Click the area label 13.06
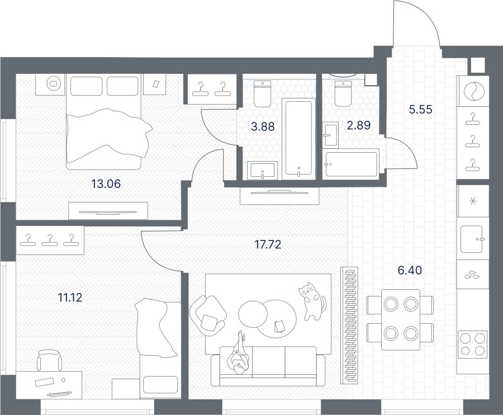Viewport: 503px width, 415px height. tap(106, 184)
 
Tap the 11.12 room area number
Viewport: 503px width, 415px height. tap(70, 298)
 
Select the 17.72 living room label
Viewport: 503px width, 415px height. tap(268, 244)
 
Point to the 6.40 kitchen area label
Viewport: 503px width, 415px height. tap(410, 271)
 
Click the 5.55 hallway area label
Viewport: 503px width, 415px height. tap(420, 110)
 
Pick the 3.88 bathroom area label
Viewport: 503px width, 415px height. tap(263, 127)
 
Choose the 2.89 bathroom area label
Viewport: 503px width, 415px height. tap(359, 125)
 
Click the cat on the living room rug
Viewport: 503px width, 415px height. tap(311, 301)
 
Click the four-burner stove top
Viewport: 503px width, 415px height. tap(472, 345)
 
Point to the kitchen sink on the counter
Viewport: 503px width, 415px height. tap(472, 239)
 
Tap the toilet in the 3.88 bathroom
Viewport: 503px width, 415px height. tap(263, 94)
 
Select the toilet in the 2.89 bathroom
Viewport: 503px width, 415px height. tap(343, 94)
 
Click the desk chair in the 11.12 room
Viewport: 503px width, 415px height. tap(49, 360)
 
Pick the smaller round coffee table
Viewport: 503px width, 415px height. tap(253, 314)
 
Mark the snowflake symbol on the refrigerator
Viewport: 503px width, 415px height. tap(472, 201)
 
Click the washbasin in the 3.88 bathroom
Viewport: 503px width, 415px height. tap(263, 171)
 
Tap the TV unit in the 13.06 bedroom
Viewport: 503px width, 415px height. tap(108, 211)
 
